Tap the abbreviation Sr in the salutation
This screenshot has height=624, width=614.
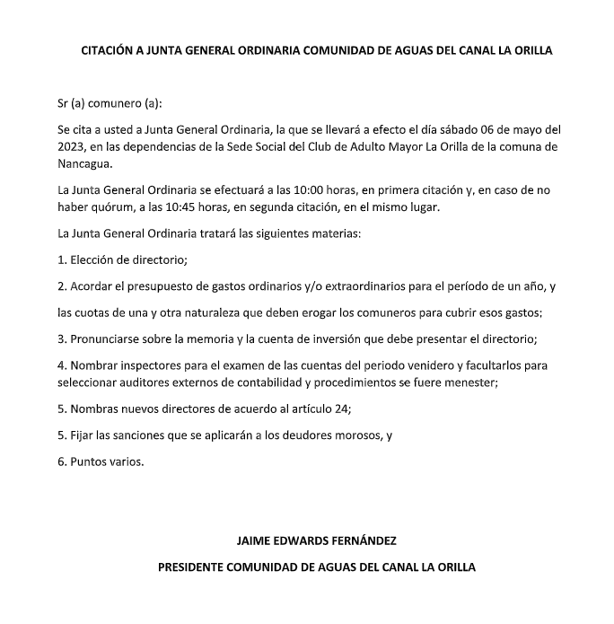coord(63,103)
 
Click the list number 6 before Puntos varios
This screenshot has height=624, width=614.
coord(60,461)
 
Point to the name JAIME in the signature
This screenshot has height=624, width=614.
coord(254,541)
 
